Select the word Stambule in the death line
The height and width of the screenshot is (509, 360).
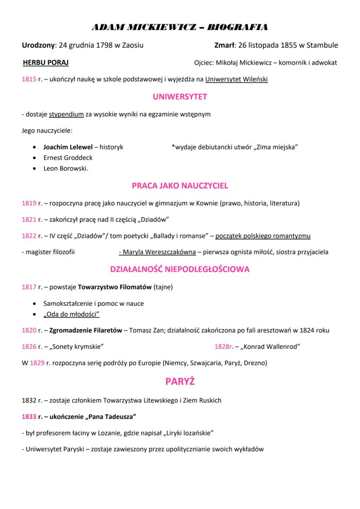323,45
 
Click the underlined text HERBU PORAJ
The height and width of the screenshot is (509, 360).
46,63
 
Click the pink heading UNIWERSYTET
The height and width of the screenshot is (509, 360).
180,96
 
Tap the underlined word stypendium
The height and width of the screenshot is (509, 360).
66,114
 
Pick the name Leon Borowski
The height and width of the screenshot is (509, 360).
65,169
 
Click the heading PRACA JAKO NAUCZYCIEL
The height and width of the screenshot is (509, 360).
180,186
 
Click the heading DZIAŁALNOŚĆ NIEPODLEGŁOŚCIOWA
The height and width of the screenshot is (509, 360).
180,269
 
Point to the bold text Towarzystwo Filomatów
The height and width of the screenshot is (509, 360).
115,287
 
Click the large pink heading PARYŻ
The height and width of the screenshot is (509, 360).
180,382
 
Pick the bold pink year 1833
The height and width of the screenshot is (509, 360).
29,416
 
